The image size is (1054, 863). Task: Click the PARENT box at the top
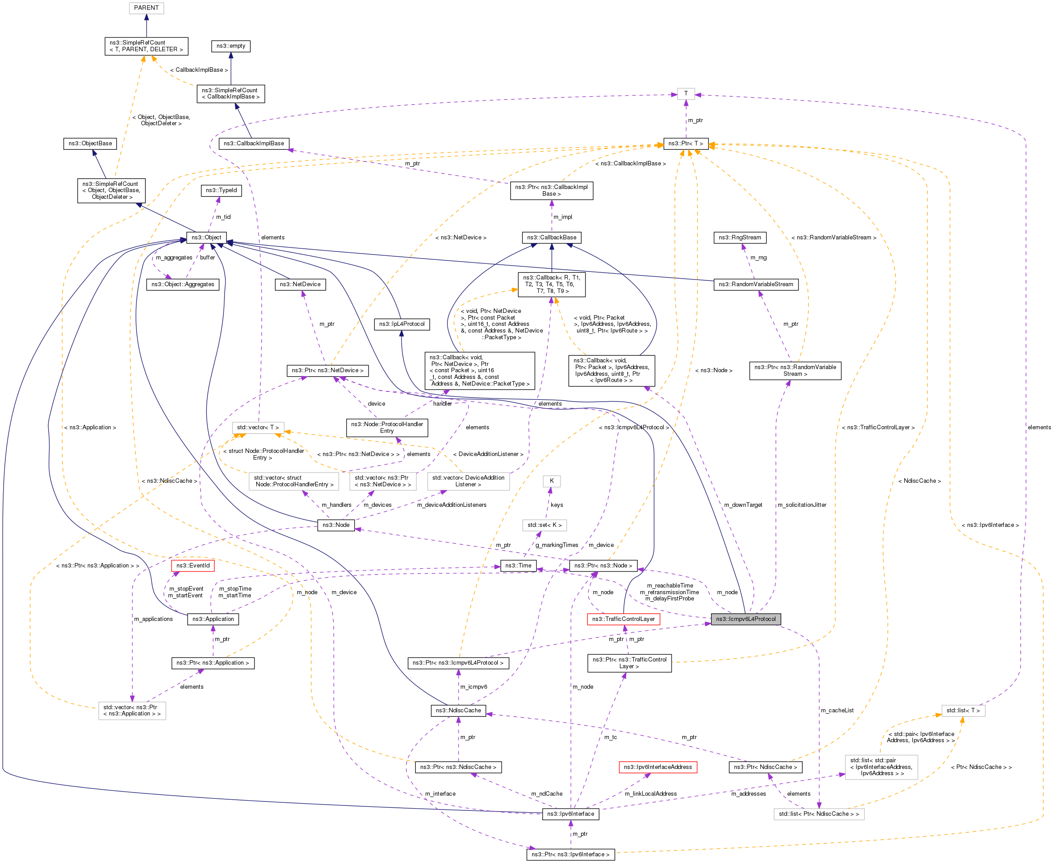[x=146, y=8]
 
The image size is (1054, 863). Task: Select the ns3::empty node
[x=230, y=46]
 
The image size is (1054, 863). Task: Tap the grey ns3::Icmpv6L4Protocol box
[x=746, y=619]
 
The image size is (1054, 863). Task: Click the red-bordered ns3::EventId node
[x=193, y=565]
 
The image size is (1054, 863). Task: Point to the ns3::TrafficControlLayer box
[x=623, y=619]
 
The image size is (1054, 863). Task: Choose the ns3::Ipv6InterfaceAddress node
[x=657, y=767]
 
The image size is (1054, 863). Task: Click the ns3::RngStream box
[x=739, y=237]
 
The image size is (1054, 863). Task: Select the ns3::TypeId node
[x=221, y=190]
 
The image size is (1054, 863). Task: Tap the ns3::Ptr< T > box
[x=685, y=143]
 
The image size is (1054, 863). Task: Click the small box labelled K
[x=551, y=481]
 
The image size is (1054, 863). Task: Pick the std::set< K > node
[x=544, y=525]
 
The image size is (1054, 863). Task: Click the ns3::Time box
[x=518, y=565]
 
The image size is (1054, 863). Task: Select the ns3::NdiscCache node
[x=458, y=711]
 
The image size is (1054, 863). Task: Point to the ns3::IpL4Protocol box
[x=402, y=324]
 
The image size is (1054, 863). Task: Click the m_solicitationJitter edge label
[x=802, y=505]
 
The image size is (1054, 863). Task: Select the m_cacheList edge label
[x=837, y=711]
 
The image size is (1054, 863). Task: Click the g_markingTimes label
[x=557, y=545]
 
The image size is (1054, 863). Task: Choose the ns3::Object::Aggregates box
[x=182, y=284]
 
